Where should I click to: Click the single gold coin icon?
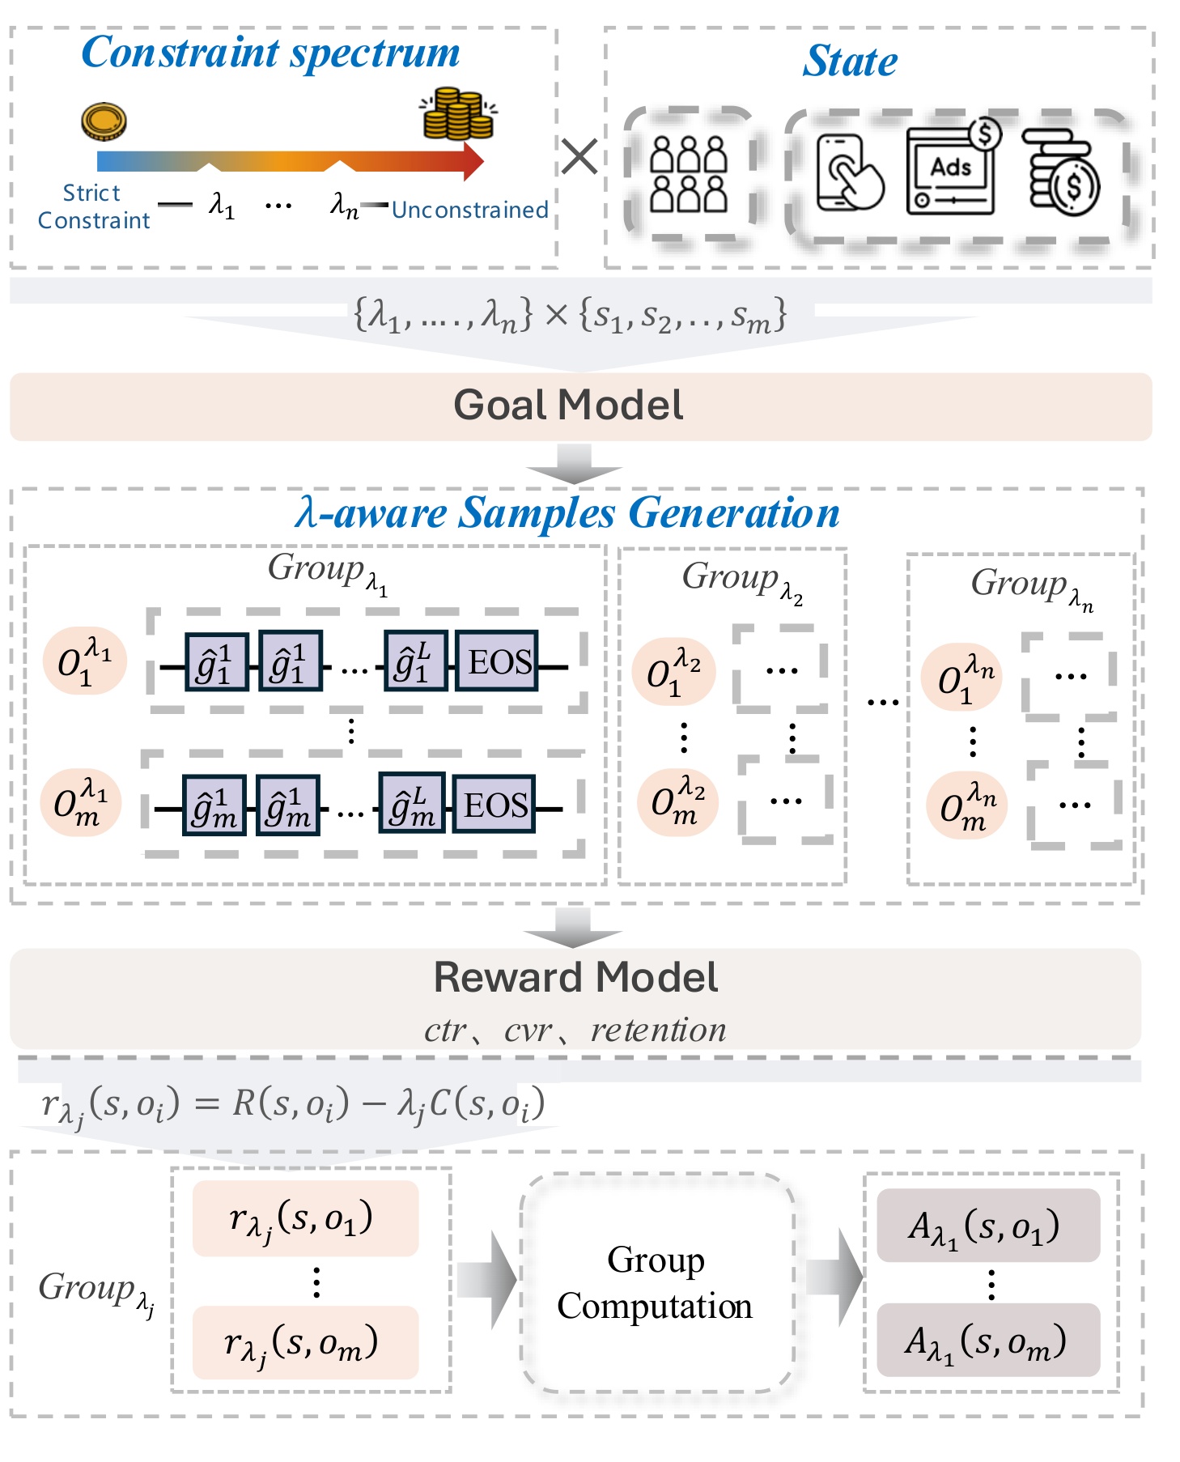pos(104,121)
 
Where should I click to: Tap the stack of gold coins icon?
pos(458,114)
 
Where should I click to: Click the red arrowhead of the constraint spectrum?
pos(473,160)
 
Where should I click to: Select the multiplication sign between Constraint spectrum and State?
pos(579,157)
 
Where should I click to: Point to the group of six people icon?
pos(689,173)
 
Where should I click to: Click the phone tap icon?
pos(850,173)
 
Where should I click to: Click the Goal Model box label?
pos(568,405)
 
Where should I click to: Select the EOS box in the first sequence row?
pos(499,661)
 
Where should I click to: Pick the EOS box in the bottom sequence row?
pos(494,804)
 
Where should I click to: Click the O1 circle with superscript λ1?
pos(85,661)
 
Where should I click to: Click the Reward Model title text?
pos(575,977)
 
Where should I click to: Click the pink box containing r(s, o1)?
pos(305,1218)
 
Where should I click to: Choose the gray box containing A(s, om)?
pos(988,1341)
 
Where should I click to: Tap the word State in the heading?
pos(850,60)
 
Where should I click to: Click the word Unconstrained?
pos(470,210)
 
